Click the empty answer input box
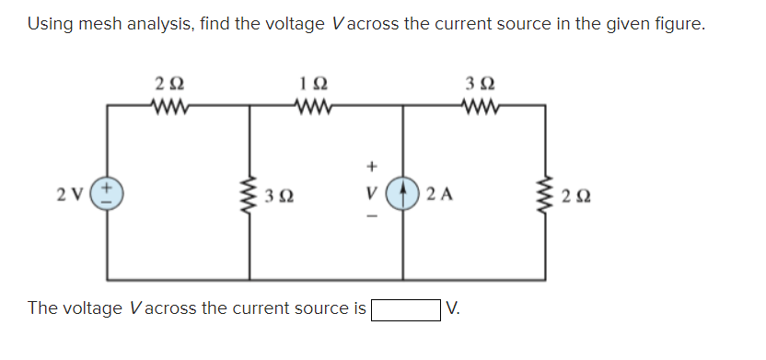click(x=404, y=308)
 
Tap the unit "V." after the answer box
click(x=453, y=308)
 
